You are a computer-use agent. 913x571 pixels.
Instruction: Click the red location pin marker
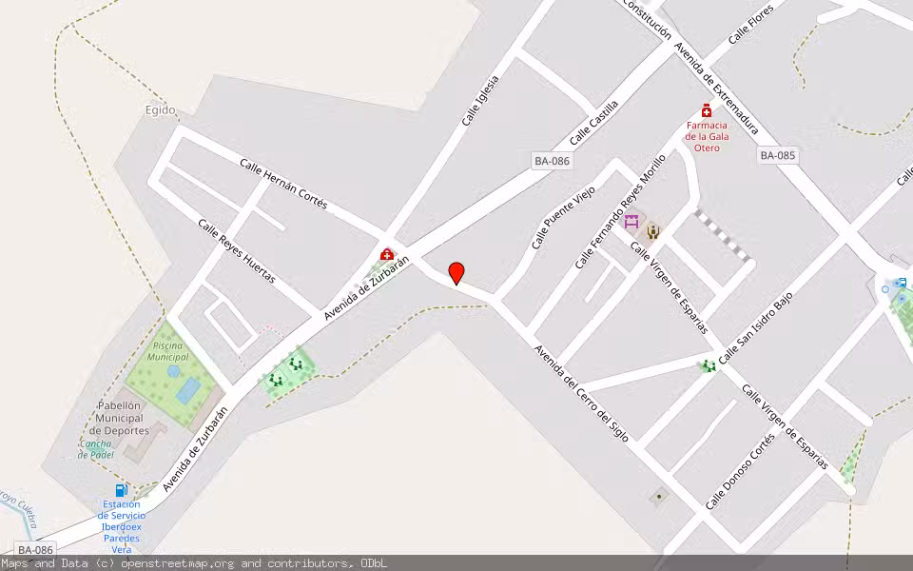click(456, 272)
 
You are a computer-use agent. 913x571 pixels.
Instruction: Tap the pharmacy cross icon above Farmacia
click(707, 110)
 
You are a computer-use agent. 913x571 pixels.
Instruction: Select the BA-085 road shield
click(777, 155)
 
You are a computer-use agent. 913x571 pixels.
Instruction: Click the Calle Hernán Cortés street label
click(283, 184)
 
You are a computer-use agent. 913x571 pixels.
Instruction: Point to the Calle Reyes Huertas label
click(237, 251)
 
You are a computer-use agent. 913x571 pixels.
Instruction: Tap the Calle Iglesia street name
click(480, 101)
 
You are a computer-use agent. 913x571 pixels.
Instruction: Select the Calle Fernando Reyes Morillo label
click(620, 211)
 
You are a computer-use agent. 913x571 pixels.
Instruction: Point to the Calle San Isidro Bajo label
click(755, 329)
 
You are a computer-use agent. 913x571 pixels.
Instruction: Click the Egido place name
click(161, 110)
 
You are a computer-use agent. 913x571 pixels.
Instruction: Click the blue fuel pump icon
click(122, 490)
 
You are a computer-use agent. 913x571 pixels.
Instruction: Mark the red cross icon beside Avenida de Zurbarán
click(387, 255)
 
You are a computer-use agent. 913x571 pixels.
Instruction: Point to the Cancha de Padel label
click(96, 449)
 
